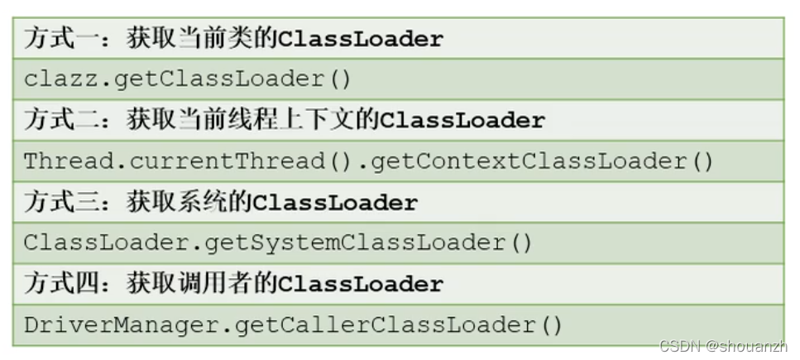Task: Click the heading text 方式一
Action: tap(62, 38)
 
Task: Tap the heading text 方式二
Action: tap(62, 120)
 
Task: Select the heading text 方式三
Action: tap(62, 202)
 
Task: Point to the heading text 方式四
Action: tap(62, 284)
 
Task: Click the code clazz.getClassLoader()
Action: tap(188, 79)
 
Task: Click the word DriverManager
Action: tap(121, 325)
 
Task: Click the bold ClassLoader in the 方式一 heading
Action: tap(361, 39)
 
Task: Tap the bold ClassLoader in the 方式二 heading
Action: tap(462, 121)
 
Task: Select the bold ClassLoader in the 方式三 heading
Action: tap(335, 203)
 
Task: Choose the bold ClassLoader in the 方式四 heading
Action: tap(361, 285)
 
